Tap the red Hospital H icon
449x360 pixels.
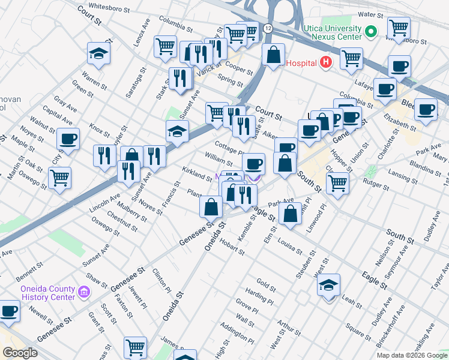pos(325,62)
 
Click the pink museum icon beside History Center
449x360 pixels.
pos(84,293)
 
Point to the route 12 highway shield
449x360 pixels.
pos(268,29)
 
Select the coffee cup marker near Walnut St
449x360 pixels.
pos(68,139)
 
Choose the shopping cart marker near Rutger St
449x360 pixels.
pos(338,183)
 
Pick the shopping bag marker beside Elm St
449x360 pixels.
pos(291,214)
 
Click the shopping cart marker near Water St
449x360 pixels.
pos(399,27)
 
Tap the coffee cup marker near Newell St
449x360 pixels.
pos(8,311)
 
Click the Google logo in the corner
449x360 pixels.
pos(20,352)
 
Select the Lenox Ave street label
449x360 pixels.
pos(139,34)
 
